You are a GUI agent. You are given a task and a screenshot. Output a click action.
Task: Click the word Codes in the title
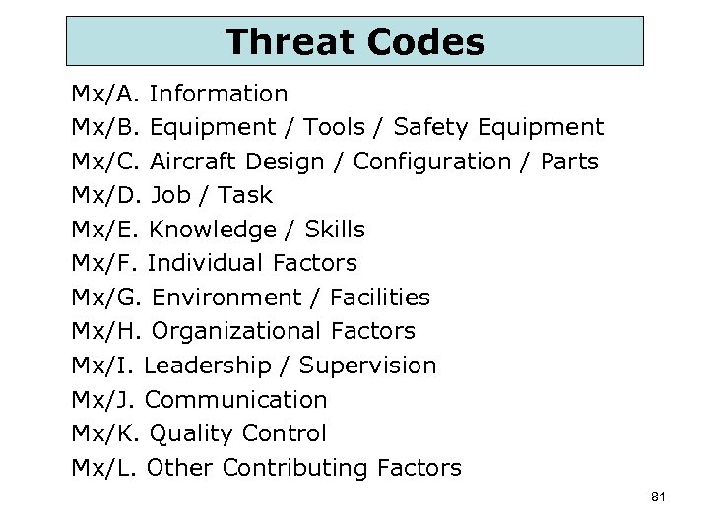tap(425, 41)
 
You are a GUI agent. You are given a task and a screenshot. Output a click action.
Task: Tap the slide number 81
tap(659, 497)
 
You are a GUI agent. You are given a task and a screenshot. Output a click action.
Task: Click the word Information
tap(219, 94)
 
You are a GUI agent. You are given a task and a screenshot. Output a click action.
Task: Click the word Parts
tap(569, 161)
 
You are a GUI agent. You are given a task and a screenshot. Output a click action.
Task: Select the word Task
tap(245, 195)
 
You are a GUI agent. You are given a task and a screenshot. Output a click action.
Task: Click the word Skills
tap(335, 230)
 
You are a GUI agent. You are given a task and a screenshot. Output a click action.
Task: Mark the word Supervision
tap(367, 366)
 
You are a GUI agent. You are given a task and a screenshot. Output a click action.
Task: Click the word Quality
tap(193, 433)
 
